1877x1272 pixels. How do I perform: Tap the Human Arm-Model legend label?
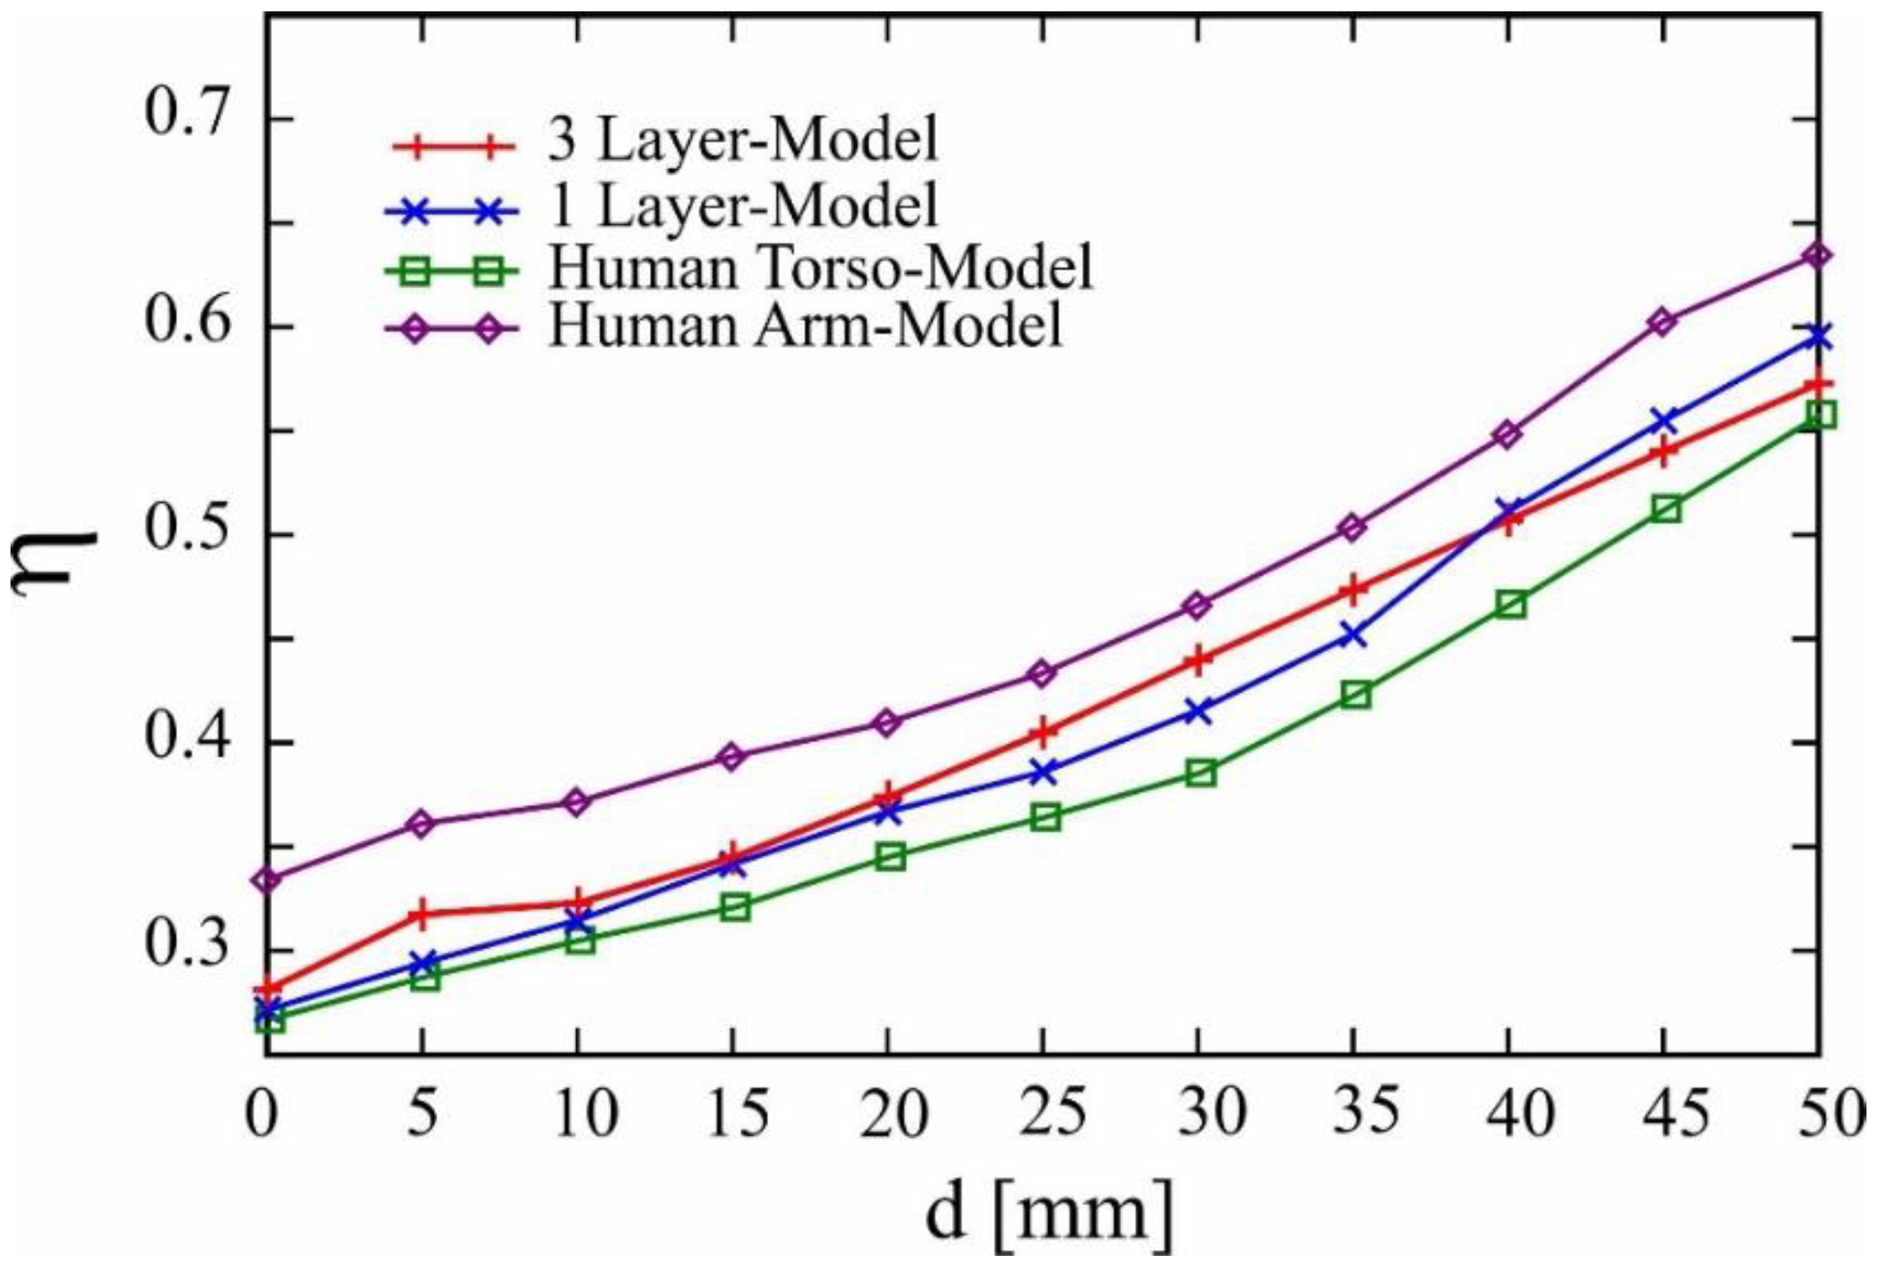pyautogui.click(x=805, y=325)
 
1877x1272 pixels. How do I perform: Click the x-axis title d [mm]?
pyautogui.click(x=1049, y=1211)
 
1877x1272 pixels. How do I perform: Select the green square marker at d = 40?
pyautogui.click(x=1511, y=604)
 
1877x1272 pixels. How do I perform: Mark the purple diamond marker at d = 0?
pyautogui.click(x=268, y=879)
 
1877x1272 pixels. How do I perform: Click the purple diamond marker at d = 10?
pyautogui.click(x=577, y=802)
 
